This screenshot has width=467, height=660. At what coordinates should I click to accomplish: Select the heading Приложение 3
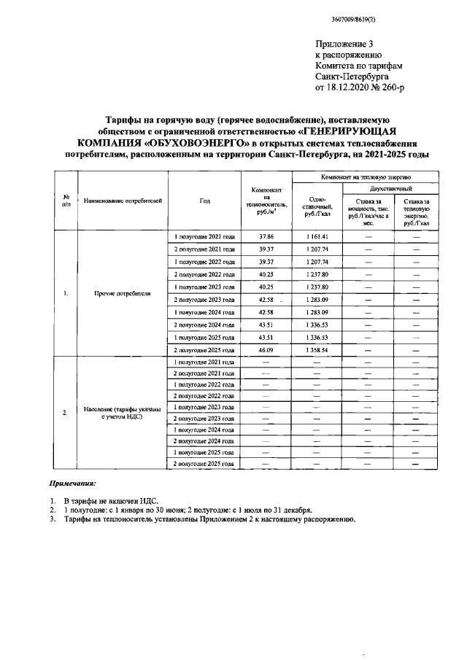[342, 44]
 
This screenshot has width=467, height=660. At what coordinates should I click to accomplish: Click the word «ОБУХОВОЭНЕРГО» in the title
[212, 144]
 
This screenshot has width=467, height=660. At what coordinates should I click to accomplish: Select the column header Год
[204, 200]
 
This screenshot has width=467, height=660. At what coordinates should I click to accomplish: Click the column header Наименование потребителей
[122, 200]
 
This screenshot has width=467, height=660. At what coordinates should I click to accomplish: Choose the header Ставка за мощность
[368, 211]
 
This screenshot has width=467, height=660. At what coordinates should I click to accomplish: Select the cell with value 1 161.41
[317, 238]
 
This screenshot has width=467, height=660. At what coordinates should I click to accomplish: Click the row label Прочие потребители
[122, 294]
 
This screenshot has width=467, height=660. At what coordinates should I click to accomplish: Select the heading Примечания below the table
[72, 484]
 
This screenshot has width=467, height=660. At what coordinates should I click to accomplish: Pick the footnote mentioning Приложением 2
[209, 519]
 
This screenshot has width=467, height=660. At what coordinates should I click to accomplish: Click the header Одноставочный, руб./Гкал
[317, 206]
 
